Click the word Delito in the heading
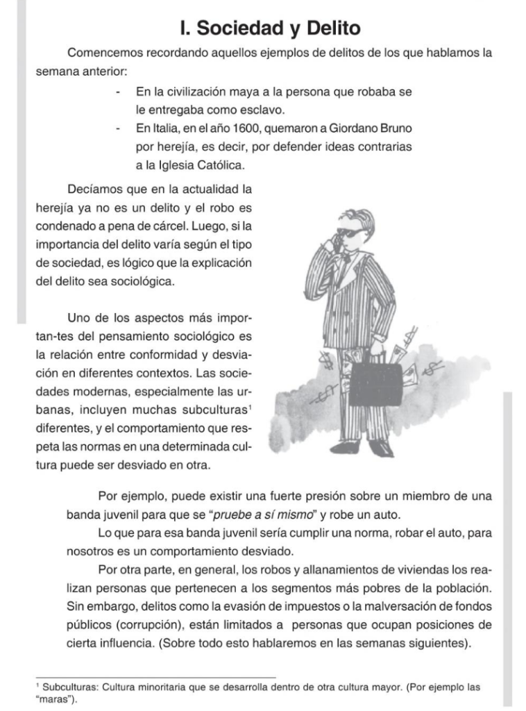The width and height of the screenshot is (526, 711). (x=325, y=28)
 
